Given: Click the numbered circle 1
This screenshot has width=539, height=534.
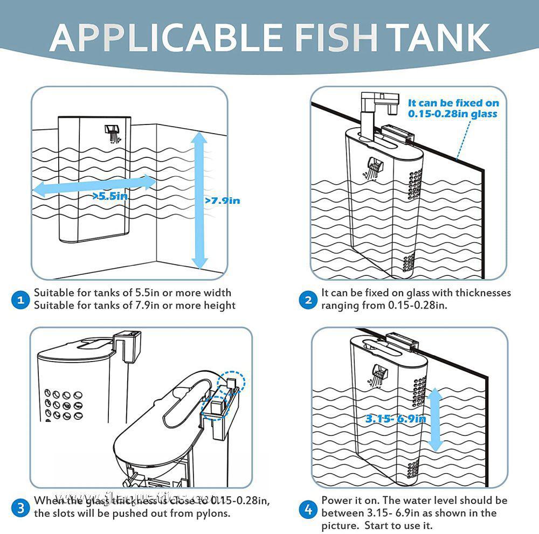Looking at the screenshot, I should point(20,300).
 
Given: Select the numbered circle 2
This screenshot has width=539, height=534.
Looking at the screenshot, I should point(308,300).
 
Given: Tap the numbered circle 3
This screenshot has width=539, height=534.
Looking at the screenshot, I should point(20,507).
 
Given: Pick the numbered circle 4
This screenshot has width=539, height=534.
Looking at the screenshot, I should point(308,507).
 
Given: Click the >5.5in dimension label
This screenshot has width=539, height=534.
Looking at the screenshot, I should point(110,196).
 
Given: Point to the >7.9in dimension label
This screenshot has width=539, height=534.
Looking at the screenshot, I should point(222,200).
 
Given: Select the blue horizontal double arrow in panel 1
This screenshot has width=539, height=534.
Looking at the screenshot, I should point(94,185).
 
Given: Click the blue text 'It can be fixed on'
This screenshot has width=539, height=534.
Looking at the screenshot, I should point(453,103).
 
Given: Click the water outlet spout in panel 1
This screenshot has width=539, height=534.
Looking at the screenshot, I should point(112,132).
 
